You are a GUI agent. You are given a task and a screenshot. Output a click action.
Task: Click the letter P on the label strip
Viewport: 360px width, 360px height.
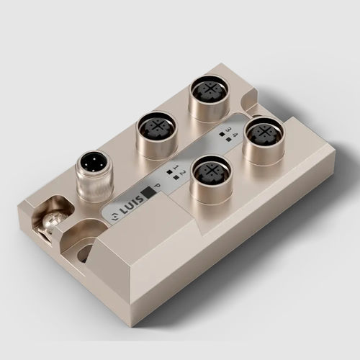[x=158, y=185]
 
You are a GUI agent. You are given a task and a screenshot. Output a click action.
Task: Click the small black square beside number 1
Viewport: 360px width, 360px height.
[x=169, y=172]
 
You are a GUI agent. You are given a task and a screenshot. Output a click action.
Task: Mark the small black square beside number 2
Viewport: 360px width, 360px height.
[x=176, y=177]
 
